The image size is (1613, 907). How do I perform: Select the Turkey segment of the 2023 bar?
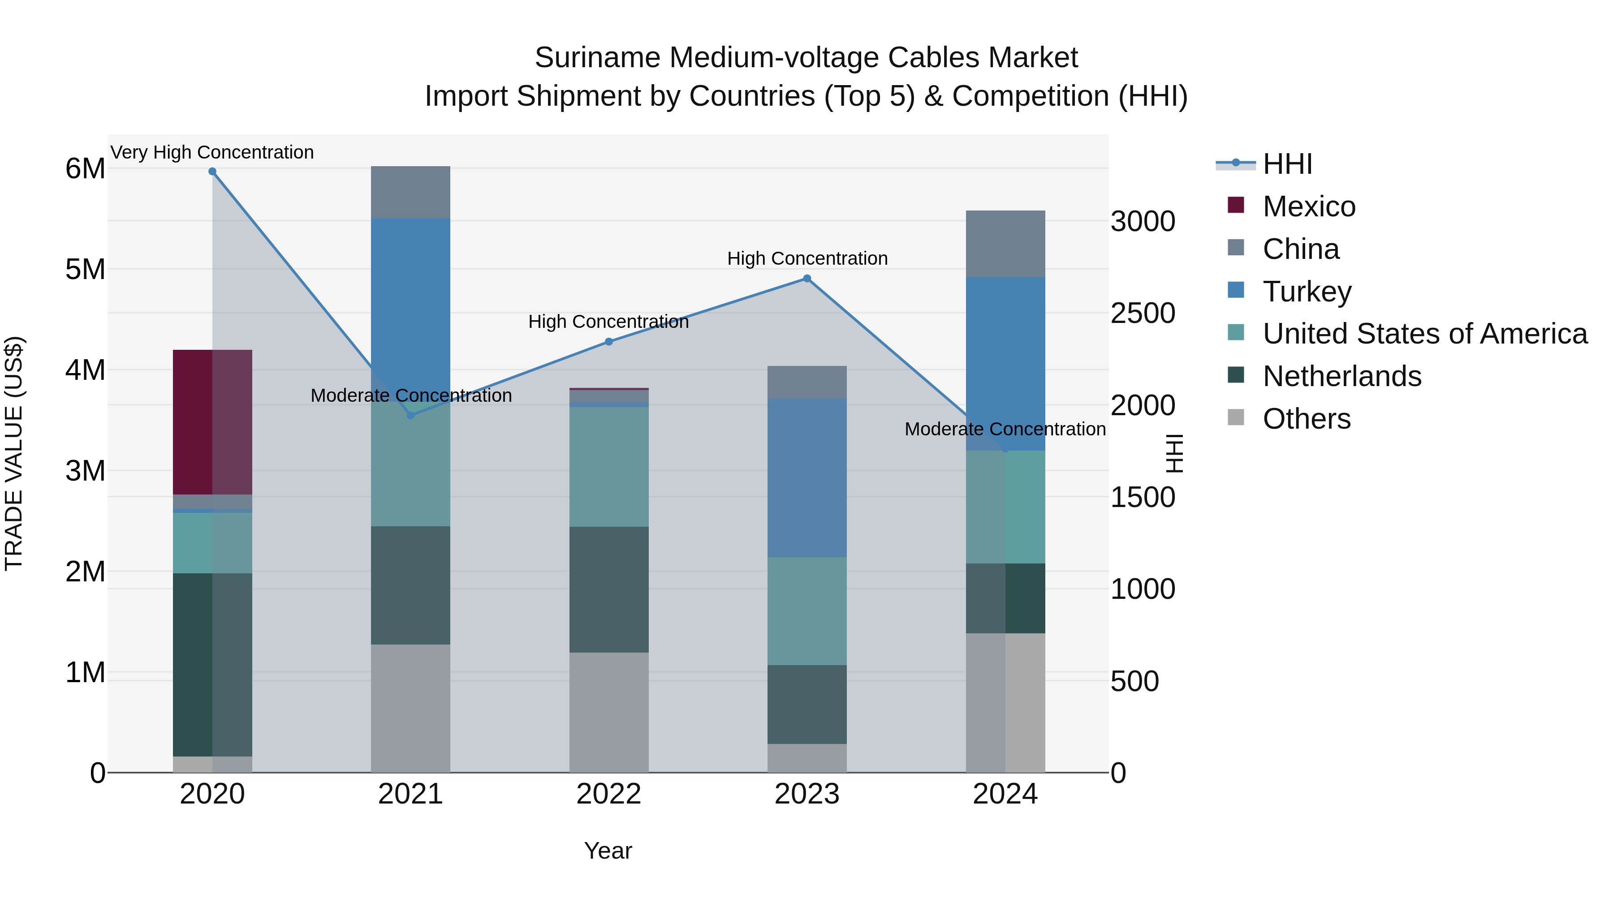pyautogui.click(x=806, y=477)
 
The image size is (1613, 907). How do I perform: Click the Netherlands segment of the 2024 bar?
pyautogui.click(x=1005, y=598)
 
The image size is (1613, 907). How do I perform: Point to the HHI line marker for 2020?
pyautogui.click(x=212, y=172)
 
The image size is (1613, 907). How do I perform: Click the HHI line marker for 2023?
pyautogui.click(x=806, y=279)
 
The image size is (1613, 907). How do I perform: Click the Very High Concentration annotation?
pyautogui.click(x=212, y=152)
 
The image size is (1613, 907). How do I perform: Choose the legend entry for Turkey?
pyautogui.click(x=1307, y=291)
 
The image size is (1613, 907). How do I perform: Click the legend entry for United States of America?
pyautogui.click(x=1424, y=334)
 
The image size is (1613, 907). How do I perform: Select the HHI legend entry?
pyautogui.click(x=1287, y=164)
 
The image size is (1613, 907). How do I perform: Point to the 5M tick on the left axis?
pyautogui.click(x=85, y=269)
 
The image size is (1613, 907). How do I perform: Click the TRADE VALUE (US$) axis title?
pyautogui.click(x=14, y=453)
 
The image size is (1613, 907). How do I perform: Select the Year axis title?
pyautogui.click(x=608, y=851)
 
